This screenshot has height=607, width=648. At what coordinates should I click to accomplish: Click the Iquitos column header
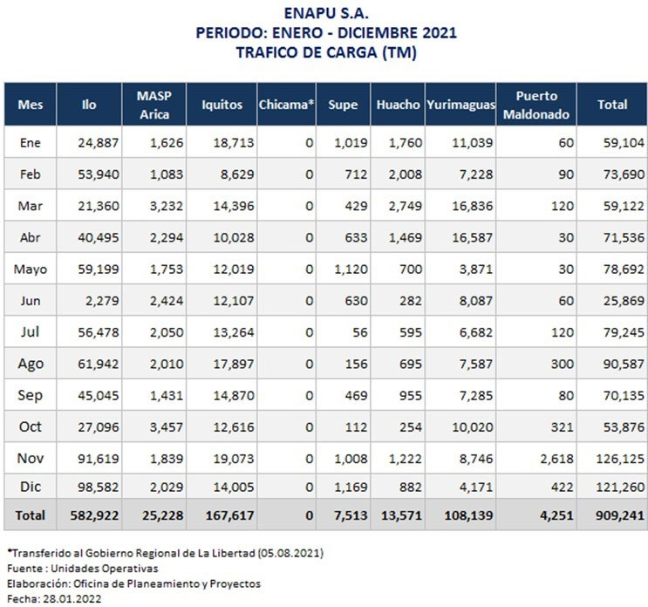222,105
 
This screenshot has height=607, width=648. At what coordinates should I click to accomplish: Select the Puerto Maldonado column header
536,105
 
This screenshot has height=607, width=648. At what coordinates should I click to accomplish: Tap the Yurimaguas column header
460,105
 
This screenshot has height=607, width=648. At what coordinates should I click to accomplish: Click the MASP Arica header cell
154,105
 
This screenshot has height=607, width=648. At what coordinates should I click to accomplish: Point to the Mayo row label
31,269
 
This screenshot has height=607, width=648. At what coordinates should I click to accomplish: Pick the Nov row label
31,458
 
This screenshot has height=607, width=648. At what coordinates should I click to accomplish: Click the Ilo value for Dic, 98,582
99,488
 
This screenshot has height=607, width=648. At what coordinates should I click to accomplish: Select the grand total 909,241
620,515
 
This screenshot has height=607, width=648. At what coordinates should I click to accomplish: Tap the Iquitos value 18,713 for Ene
234,143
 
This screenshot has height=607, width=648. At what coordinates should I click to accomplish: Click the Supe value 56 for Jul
360,332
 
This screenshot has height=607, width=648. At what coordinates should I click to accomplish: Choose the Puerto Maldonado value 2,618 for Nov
557,459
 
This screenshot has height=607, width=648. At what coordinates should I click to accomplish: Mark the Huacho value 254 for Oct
411,427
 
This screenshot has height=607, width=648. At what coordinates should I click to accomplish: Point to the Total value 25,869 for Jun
624,301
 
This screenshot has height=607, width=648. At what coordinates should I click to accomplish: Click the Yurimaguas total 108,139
468,515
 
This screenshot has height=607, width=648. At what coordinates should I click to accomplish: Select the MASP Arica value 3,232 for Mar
166,206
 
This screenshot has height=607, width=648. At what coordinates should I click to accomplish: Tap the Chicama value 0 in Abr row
309,237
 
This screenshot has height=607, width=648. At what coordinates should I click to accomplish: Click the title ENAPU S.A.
326,13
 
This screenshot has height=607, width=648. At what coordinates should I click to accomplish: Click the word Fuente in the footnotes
24,569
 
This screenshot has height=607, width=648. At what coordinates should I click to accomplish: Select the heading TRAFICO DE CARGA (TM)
326,52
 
